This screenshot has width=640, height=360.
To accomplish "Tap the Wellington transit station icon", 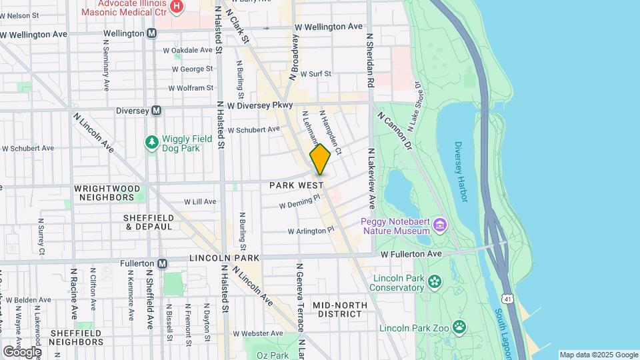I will (152, 33).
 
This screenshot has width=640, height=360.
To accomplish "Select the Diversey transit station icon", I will (156, 111).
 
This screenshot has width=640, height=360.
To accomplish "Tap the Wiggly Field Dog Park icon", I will (152, 141).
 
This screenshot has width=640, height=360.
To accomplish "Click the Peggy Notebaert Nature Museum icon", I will (439, 224).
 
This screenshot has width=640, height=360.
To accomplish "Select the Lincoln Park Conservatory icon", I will (435, 281).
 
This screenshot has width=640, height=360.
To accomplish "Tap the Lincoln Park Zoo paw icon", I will (459, 327).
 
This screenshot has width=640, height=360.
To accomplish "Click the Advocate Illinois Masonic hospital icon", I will (177, 7).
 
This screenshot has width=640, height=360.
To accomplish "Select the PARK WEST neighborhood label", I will (297, 185).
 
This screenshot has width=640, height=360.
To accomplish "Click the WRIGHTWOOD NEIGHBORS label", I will (107, 193).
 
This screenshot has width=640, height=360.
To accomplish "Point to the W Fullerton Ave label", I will (411, 255).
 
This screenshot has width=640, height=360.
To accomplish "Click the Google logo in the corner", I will (21, 351).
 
